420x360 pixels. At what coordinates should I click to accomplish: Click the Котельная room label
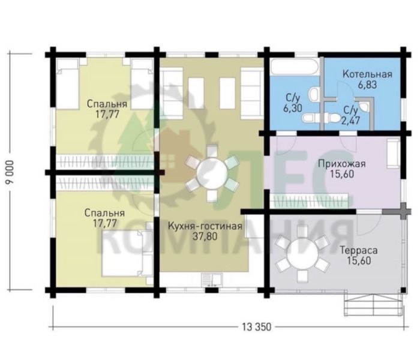(367, 74)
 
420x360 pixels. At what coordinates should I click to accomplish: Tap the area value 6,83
(367, 85)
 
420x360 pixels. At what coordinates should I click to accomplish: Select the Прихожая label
(342, 163)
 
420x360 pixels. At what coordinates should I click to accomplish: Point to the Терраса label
(359, 250)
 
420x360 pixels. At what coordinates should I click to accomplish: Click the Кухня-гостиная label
(205, 226)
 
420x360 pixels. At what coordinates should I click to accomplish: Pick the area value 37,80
(205, 237)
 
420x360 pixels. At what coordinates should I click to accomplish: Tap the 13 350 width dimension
(257, 327)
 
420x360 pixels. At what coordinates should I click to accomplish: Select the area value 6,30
(293, 108)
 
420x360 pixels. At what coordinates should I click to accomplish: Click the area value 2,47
(350, 120)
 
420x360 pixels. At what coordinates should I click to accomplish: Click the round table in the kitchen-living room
(212, 173)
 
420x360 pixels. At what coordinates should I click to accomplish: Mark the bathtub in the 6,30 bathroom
(294, 67)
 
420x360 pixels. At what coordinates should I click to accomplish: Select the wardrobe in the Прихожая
(309, 201)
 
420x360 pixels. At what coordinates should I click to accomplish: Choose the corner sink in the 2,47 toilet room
(364, 106)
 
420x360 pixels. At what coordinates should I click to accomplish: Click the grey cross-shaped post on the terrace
(403, 211)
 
